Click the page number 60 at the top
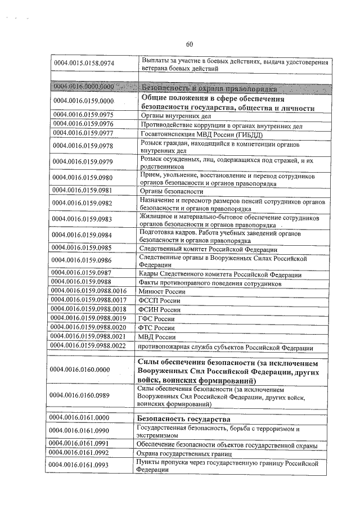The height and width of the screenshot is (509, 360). coord(189,44)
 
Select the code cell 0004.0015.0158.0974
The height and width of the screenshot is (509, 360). coord(84,64)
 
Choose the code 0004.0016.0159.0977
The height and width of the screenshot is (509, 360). coord(84,133)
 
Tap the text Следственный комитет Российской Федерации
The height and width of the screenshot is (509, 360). coord(208,249)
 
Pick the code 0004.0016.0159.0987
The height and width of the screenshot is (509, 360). coord(84,274)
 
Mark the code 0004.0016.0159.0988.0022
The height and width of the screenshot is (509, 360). coord(88,345)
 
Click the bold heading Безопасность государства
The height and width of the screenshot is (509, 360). coord(183,420)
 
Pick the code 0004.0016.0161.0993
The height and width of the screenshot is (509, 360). coord(84,465)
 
